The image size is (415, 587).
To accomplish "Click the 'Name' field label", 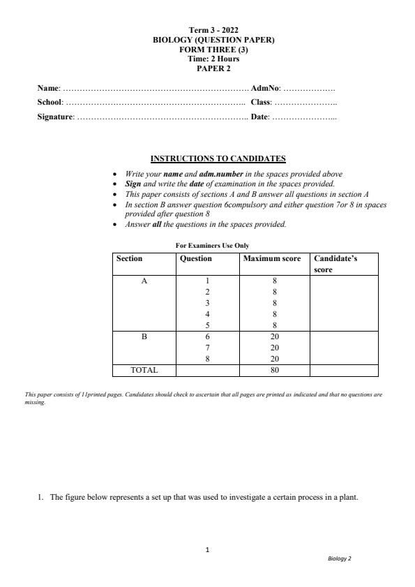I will click(48, 89).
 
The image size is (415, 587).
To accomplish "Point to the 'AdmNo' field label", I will click(265, 89).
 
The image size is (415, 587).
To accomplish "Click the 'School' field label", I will click(50, 103).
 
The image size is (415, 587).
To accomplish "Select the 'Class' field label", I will click(262, 103).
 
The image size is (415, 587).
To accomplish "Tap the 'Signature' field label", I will click(55, 117).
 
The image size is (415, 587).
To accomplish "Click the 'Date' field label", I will click(259, 117).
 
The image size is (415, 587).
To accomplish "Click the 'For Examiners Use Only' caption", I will click(212, 246).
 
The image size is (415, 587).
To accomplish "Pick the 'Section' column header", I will click(129, 258).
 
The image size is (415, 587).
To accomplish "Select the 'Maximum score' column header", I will click(272, 258).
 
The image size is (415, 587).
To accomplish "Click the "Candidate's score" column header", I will click(335, 263).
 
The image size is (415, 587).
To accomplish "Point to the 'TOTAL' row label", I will click(144, 370).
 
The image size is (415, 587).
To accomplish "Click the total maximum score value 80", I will click(274, 370).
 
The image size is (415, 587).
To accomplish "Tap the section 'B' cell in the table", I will click(144, 336).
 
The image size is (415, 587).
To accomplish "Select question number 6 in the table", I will click(208, 336).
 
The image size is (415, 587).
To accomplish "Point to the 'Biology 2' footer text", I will click(340, 559).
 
